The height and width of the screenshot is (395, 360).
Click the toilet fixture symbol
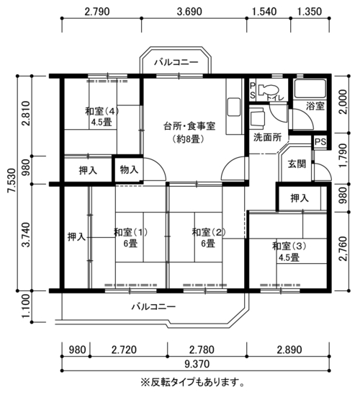(268, 89)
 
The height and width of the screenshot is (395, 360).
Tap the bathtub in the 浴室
(310, 89)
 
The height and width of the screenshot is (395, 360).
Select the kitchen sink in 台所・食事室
(233, 107)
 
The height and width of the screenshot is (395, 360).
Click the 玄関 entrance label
(297, 164)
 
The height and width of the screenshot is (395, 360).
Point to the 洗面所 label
(267, 137)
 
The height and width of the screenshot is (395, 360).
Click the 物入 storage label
(129, 170)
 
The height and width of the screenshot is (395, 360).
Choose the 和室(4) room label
(102, 111)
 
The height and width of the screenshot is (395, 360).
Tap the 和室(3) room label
(289, 246)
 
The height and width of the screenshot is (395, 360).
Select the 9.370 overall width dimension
(197, 364)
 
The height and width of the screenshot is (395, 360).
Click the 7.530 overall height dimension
(12, 180)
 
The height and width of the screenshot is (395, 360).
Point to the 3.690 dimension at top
(189, 12)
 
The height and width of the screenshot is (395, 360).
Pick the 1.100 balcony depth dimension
(26, 306)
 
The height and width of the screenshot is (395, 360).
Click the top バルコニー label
(176, 62)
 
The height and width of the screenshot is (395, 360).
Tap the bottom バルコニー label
(153, 306)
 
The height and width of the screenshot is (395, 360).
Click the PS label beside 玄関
(320, 141)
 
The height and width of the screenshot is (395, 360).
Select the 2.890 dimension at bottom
(289, 350)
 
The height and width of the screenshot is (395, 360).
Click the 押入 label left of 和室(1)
(76, 237)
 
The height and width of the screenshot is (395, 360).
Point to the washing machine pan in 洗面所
(258, 117)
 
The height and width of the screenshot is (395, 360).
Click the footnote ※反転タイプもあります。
(192, 383)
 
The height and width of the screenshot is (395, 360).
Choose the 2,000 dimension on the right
(343, 102)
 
